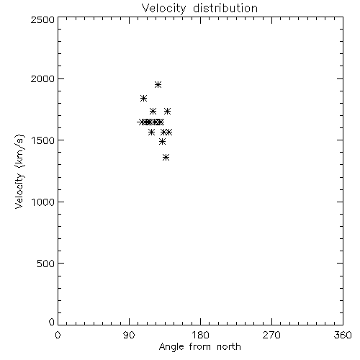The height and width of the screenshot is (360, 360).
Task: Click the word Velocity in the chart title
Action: point(164,9)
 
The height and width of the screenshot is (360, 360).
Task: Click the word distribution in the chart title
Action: point(225,8)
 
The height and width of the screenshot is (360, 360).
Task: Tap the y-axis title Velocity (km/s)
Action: point(19,171)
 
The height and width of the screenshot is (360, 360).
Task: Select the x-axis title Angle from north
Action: point(199,347)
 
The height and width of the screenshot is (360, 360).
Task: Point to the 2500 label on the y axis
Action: point(42,19)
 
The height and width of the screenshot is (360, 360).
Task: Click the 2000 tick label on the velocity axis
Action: point(42,78)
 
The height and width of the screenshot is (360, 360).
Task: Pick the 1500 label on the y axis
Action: point(43,140)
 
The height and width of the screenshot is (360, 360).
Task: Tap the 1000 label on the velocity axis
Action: point(43,202)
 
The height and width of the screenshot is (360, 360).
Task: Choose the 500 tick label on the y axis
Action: point(45,264)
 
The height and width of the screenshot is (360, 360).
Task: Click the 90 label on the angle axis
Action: point(129,335)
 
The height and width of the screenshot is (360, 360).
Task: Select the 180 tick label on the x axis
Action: point(200,335)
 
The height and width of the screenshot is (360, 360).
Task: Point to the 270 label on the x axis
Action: point(271,335)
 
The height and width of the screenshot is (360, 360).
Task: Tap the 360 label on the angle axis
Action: point(343,335)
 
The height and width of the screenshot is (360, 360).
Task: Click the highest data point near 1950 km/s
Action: point(158,84)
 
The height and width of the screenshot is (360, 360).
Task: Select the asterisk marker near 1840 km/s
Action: point(143,98)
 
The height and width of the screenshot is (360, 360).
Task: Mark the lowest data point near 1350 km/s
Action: point(166,158)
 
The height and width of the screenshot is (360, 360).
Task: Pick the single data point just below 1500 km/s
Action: point(162,142)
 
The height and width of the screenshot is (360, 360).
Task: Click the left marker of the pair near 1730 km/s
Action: point(153,111)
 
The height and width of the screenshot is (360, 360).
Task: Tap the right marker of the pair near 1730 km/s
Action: point(167,111)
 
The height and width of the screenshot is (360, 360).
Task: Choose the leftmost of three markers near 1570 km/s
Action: point(151,132)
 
